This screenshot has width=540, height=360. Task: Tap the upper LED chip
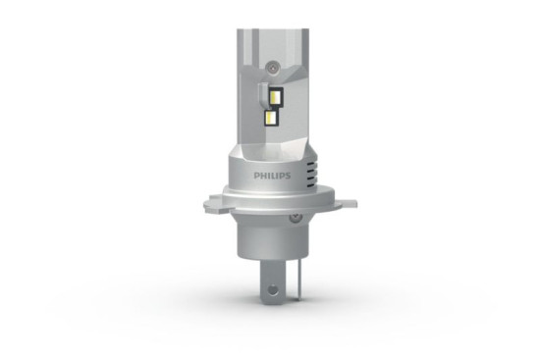pyautogui.click(x=273, y=97)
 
